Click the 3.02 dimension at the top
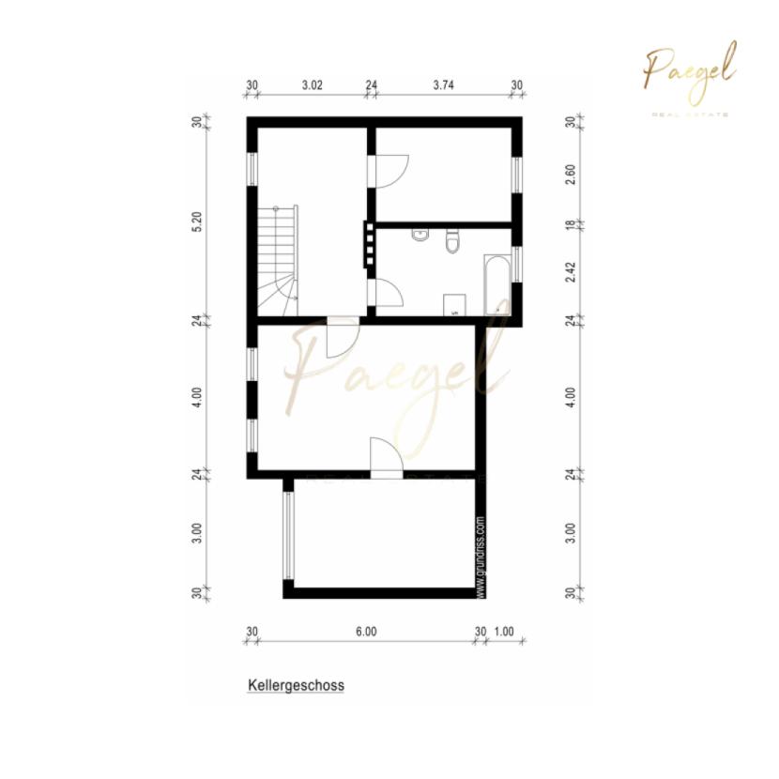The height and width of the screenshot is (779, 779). pos(312,85)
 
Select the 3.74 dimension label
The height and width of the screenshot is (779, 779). pos(443,85)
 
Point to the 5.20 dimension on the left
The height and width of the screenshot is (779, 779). pos(198,222)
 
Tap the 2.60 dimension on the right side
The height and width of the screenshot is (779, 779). pos(572,175)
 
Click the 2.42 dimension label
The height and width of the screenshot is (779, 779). pos(572,272)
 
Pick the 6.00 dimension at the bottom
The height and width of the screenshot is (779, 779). pos(366,632)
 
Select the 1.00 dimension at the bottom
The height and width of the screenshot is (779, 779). pos(504,632)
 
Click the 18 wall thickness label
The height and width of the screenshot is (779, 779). pos(572,224)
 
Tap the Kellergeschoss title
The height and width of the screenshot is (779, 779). pos(296,685)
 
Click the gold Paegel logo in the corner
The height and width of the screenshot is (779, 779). pos(690,74)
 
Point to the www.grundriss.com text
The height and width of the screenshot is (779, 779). pos(481,557)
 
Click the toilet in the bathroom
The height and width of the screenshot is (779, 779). pos(452,240)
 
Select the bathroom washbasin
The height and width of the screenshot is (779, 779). pos(420,234)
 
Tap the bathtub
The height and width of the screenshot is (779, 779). pos(497,285)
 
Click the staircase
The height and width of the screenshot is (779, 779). pos(278,260)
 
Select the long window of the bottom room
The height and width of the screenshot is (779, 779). pos(288,536)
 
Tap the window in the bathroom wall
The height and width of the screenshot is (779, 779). pos(517,264)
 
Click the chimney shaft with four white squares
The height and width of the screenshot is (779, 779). pos(369,244)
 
